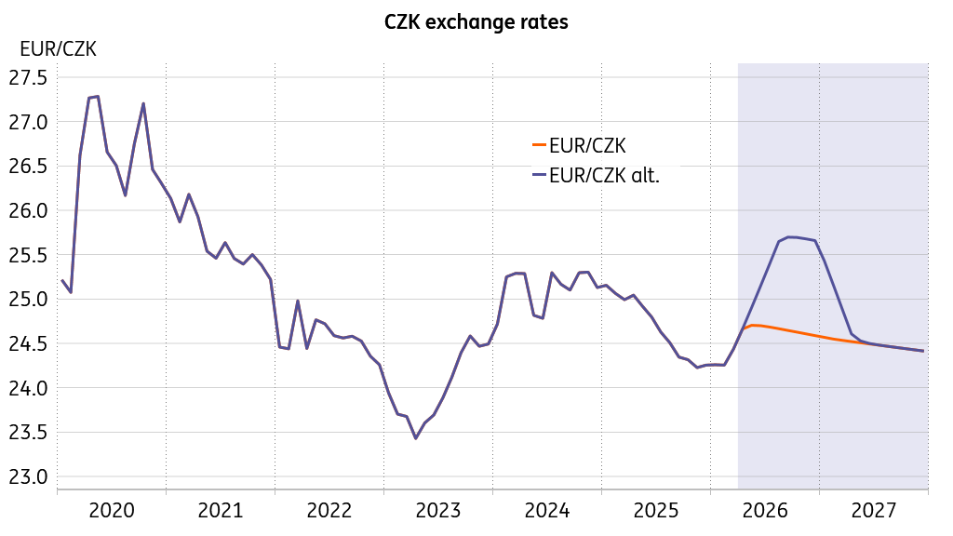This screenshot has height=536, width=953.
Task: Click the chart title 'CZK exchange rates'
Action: point(476,22)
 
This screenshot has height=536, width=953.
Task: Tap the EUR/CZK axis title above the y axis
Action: point(58,48)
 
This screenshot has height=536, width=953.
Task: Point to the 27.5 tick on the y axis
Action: point(28,78)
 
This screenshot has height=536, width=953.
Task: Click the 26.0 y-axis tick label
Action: point(28,211)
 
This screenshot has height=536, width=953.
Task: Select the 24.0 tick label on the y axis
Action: point(28,388)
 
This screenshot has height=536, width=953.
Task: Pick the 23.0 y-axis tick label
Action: point(28,477)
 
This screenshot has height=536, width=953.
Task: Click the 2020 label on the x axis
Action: point(112,511)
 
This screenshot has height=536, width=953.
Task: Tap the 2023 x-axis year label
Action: point(438,511)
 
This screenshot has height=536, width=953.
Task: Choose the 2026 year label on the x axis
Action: point(765,511)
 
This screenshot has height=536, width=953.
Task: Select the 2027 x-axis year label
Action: point(874,511)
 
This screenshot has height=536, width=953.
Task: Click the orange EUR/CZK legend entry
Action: point(579,146)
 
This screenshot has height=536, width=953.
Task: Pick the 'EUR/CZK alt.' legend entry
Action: point(596,176)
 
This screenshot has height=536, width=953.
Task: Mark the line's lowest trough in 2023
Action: point(416,438)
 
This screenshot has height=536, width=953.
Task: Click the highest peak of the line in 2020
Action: point(98,96)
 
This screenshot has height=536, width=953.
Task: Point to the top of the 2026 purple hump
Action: point(789,236)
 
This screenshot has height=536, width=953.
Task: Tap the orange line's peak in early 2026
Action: point(754,325)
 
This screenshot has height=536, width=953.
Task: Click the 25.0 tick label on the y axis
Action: point(28,300)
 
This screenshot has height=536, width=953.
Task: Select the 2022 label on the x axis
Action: point(329,511)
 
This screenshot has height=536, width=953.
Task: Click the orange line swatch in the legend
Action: point(539,144)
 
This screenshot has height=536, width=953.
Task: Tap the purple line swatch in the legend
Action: point(539,175)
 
